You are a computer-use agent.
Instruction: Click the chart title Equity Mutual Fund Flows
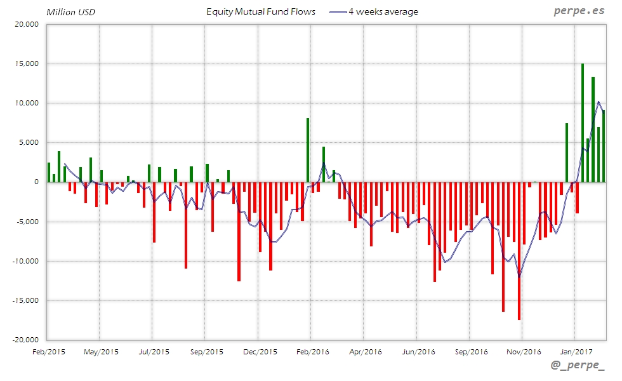261,11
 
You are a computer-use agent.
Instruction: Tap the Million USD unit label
70,12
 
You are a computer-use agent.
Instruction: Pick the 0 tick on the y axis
36,182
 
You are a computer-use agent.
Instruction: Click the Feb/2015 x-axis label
48,351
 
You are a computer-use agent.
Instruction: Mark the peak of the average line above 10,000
598,102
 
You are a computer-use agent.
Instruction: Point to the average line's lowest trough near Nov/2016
519,277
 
